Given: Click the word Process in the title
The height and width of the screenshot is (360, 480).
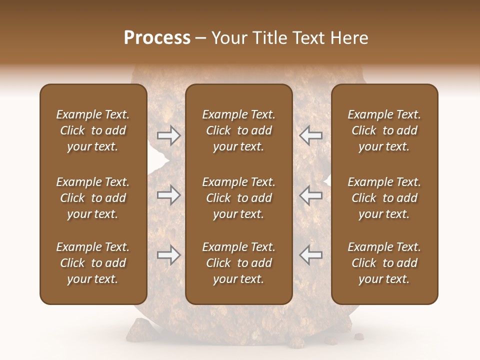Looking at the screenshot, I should coord(157,37).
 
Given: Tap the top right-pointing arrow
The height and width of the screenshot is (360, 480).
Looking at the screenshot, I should coord(168,135).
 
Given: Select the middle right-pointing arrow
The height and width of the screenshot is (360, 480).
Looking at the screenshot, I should coord(168,195).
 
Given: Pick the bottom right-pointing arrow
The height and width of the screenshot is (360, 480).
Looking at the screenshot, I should coord(168,255).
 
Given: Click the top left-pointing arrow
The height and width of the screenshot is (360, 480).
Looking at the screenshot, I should coord(311,135).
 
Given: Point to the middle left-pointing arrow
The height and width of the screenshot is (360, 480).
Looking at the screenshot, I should coord(311,195).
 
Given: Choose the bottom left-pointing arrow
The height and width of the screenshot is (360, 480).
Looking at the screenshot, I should coord(311,255).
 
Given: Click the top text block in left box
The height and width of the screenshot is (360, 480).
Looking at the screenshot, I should coord(93,130).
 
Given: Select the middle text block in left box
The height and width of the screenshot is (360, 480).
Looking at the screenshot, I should coord(93,198).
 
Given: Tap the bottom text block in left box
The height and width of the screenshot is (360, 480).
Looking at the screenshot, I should coord(93,263).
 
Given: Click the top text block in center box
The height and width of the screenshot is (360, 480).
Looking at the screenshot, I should coord(238,130).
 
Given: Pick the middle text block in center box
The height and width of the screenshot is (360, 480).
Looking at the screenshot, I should coord(238,198).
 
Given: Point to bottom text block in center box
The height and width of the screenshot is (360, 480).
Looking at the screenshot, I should coord(238,263).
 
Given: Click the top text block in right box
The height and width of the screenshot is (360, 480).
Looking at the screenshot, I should coord(384,130).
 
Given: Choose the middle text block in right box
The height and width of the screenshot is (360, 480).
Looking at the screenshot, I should coord(384,198).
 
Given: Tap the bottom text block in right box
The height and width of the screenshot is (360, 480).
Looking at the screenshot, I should coord(384,263).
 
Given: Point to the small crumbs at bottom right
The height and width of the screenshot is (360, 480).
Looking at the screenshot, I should coord(358,334).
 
